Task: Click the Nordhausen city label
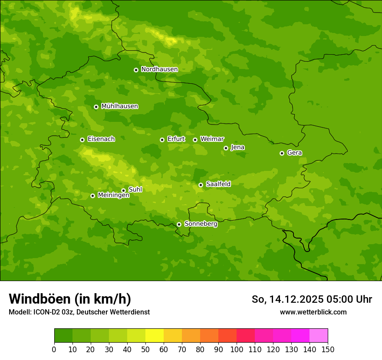(x=159, y=69)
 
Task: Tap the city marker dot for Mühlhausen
(x=96, y=107)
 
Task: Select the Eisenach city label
(x=101, y=139)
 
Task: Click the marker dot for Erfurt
(x=162, y=140)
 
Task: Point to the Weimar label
(x=212, y=139)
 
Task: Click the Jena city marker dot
(x=226, y=148)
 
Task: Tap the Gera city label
(x=294, y=153)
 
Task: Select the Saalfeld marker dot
(x=201, y=185)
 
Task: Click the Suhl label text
(x=135, y=190)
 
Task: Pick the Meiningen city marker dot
(x=92, y=196)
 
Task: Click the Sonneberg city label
(x=201, y=224)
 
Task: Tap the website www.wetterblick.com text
(x=313, y=312)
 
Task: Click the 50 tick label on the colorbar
(x=145, y=349)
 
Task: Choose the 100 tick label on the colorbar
(x=237, y=349)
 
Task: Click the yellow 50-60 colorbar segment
(x=155, y=336)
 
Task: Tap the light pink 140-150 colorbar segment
(x=319, y=336)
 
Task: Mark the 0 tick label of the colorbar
(x=54, y=349)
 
